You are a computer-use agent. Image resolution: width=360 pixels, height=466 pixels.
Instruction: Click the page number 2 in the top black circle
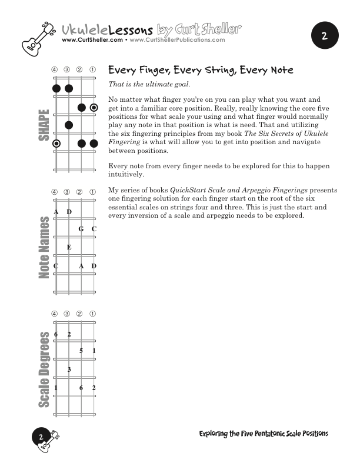pos(325,36)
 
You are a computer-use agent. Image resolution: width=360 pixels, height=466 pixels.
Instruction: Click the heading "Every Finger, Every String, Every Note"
pos(201,71)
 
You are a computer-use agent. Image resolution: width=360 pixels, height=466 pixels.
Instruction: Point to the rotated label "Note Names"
pos(44,247)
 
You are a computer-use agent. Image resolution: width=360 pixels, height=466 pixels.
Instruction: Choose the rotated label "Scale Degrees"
pos(44,370)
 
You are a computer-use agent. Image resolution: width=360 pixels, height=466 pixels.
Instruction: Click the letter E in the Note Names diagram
pos(69,248)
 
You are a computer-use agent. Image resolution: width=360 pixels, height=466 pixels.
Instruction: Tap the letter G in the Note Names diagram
pos(81,229)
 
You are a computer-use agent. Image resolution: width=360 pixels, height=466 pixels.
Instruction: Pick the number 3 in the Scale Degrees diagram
pos(69,370)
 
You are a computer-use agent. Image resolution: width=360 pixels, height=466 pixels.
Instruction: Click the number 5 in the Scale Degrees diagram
pos(81,351)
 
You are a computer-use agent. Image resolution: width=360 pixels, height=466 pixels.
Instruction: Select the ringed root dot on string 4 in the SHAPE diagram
pos(56,144)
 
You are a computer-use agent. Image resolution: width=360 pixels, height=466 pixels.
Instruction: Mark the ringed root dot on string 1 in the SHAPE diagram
pos(94,108)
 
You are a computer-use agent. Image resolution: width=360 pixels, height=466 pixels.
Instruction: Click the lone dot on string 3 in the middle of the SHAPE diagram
pos(69,125)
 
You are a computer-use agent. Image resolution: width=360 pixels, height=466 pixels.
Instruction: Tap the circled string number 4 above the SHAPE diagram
pos(55,70)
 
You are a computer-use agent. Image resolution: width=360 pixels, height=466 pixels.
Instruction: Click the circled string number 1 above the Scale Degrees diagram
pos(94,314)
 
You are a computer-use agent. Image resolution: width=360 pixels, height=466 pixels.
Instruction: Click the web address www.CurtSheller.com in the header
pos(92,41)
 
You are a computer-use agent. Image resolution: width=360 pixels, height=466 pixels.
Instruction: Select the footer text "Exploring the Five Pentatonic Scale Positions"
pos(264,434)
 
